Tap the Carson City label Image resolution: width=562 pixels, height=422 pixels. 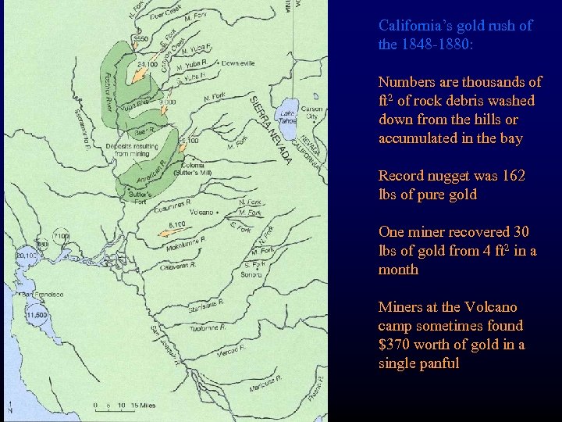[311, 112]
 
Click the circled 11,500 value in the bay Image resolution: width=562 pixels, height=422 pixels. [35, 314]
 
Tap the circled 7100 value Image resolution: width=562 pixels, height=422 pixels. [61, 236]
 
